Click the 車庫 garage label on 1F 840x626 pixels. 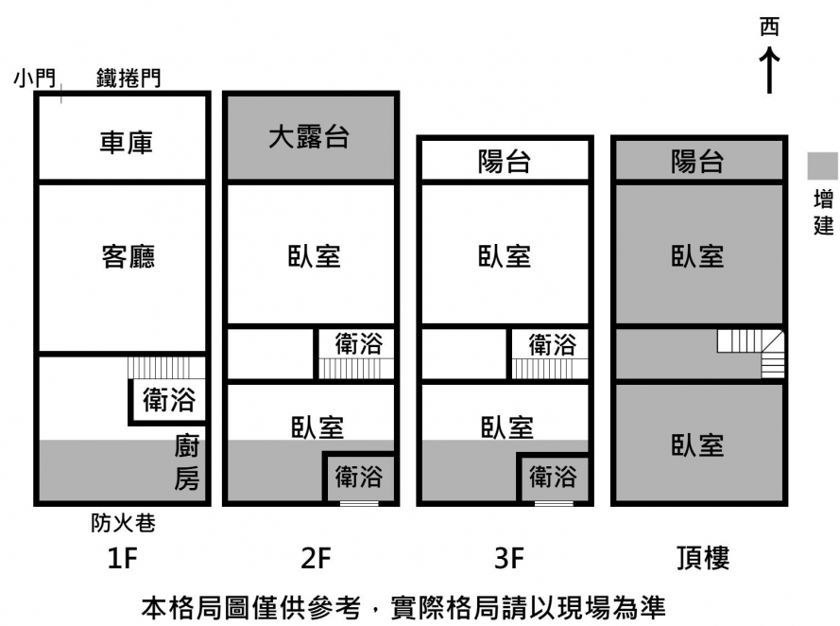point(126,143)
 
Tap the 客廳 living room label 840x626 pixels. point(129,256)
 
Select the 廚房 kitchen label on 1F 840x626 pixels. point(186,462)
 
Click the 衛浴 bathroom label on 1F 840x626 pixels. point(169,400)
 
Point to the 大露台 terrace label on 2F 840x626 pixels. point(309,137)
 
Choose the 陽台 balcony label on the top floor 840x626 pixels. point(697,162)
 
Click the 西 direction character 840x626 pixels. point(770,27)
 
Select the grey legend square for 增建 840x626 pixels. point(822,165)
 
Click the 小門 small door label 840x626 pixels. point(35,78)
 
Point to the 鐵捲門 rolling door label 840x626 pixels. point(129,78)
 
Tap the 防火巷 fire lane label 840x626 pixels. point(123,522)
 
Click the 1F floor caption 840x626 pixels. point(123,559)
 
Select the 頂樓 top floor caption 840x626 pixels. point(703,559)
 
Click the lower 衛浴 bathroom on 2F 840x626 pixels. point(359,477)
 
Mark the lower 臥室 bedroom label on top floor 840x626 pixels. point(697,445)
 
